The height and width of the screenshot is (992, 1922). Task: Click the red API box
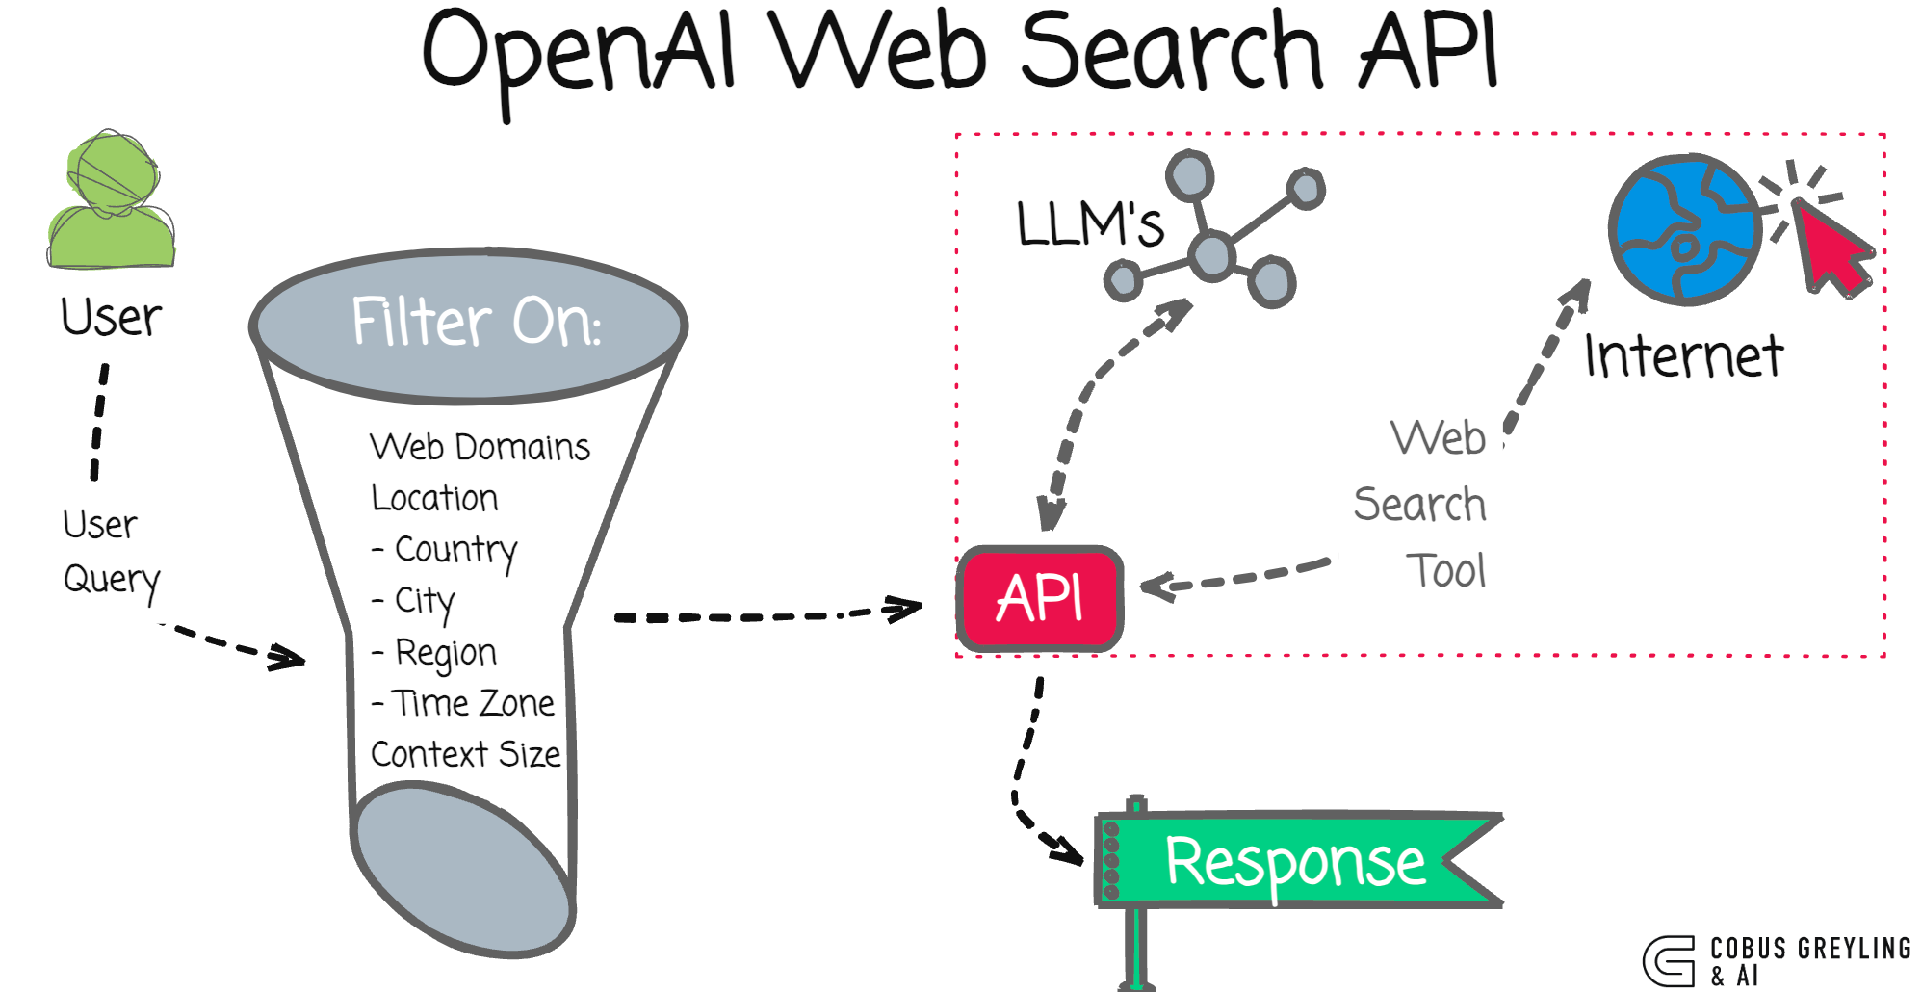click(1039, 599)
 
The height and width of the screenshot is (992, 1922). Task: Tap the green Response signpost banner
click(1295, 860)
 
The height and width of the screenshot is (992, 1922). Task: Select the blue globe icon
click(1685, 229)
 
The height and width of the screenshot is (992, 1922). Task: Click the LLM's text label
click(1089, 223)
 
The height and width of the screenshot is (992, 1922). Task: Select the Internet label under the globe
click(1683, 355)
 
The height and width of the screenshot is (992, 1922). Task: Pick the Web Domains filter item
click(480, 447)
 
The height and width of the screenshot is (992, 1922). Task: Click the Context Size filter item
click(465, 754)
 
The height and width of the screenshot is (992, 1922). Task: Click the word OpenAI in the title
click(579, 53)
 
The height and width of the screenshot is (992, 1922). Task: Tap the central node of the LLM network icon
click(1210, 255)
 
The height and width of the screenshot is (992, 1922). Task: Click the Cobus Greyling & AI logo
click(1778, 960)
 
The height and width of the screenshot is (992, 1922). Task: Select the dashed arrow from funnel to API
click(766, 614)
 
